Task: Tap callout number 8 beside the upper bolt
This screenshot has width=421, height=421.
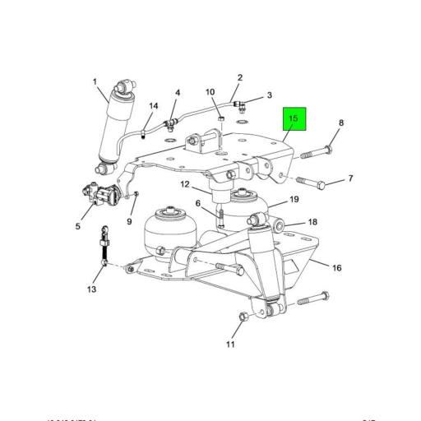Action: click(341, 123)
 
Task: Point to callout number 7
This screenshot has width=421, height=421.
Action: click(350, 178)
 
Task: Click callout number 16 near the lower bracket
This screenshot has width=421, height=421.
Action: click(336, 267)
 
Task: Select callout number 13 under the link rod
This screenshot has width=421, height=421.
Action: click(92, 289)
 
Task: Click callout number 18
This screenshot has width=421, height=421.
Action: click(312, 223)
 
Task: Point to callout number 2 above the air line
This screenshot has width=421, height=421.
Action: click(240, 78)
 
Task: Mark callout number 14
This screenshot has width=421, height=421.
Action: click(153, 106)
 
